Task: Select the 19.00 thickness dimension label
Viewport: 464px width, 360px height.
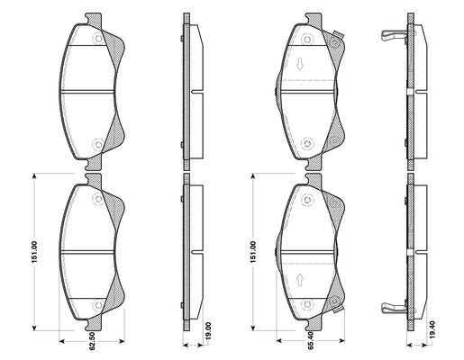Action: click(x=209, y=331)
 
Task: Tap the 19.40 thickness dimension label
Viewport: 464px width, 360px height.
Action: click(x=432, y=330)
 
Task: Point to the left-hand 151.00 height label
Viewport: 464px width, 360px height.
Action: click(x=34, y=252)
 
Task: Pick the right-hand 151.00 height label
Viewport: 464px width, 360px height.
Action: click(x=253, y=252)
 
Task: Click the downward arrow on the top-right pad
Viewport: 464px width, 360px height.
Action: click(x=300, y=65)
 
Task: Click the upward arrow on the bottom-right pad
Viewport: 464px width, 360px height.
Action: click(x=300, y=279)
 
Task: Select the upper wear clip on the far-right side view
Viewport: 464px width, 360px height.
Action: click(x=394, y=35)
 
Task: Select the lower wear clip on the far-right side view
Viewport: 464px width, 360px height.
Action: click(x=394, y=308)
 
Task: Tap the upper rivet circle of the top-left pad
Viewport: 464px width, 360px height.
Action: click(x=98, y=39)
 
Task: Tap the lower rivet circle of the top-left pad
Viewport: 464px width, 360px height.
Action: click(x=98, y=144)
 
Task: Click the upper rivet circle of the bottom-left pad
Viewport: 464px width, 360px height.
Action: click(x=98, y=199)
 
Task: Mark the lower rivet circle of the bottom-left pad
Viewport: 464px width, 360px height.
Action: click(x=98, y=305)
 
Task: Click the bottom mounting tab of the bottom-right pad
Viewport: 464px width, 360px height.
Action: click(x=314, y=325)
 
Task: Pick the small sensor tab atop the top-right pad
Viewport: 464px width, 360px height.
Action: click(x=338, y=34)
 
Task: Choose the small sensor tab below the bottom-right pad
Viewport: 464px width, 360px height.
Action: click(x=338, y=310)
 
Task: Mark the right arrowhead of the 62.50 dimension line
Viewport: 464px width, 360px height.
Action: click(x=122, y=341)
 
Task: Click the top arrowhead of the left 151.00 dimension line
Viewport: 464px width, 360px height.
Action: click(x=34, y=176)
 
